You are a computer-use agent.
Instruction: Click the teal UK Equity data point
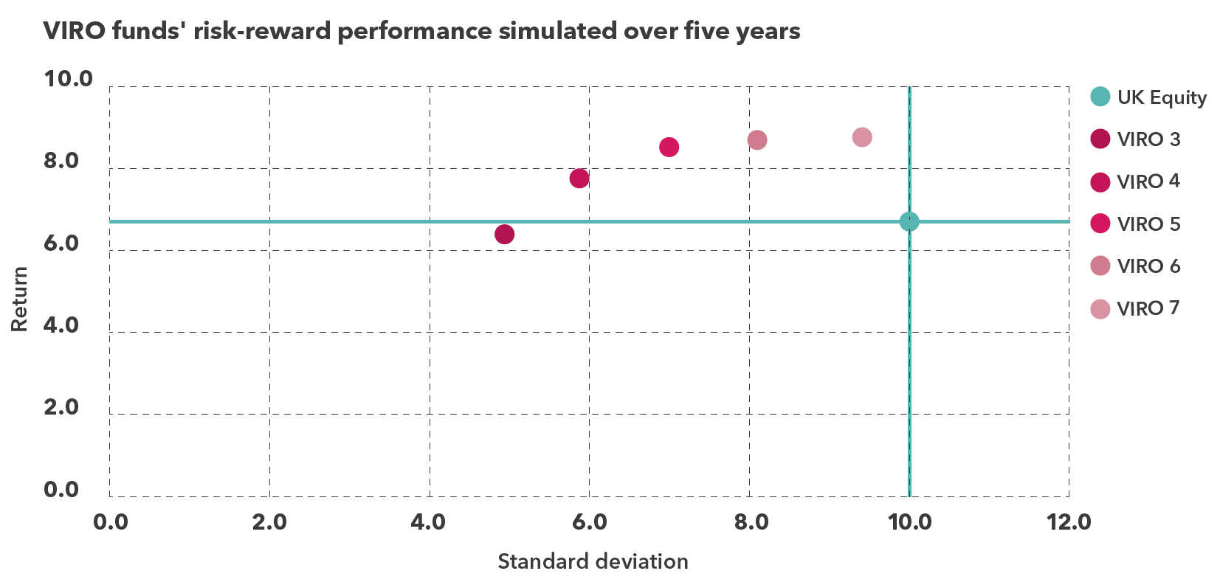[909, 221]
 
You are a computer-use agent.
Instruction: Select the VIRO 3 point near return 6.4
[504, 235]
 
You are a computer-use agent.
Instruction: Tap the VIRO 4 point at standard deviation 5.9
[579, 179]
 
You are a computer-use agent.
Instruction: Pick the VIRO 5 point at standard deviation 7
[669, 147]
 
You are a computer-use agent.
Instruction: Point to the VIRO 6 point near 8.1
[757, 140]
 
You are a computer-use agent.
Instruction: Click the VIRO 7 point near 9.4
[862, 137]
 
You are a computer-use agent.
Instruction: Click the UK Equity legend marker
[1100, 97]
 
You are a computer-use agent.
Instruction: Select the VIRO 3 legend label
[1148, 139]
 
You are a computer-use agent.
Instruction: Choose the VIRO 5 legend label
[1148, 224]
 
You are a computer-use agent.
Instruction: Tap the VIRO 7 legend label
[1148, 308]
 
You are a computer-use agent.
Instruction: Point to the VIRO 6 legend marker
[1100, 266]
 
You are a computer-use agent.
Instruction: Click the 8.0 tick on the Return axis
[61, 161]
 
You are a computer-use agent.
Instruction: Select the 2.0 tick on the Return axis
[61, 407]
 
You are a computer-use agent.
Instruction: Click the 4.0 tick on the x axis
[429, 522]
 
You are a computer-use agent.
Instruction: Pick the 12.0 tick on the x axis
[1069, 522]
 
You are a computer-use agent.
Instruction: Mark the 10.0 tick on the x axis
[909, 522]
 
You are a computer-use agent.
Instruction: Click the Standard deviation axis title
[593, 561]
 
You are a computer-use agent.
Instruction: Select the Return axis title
[19, 299]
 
